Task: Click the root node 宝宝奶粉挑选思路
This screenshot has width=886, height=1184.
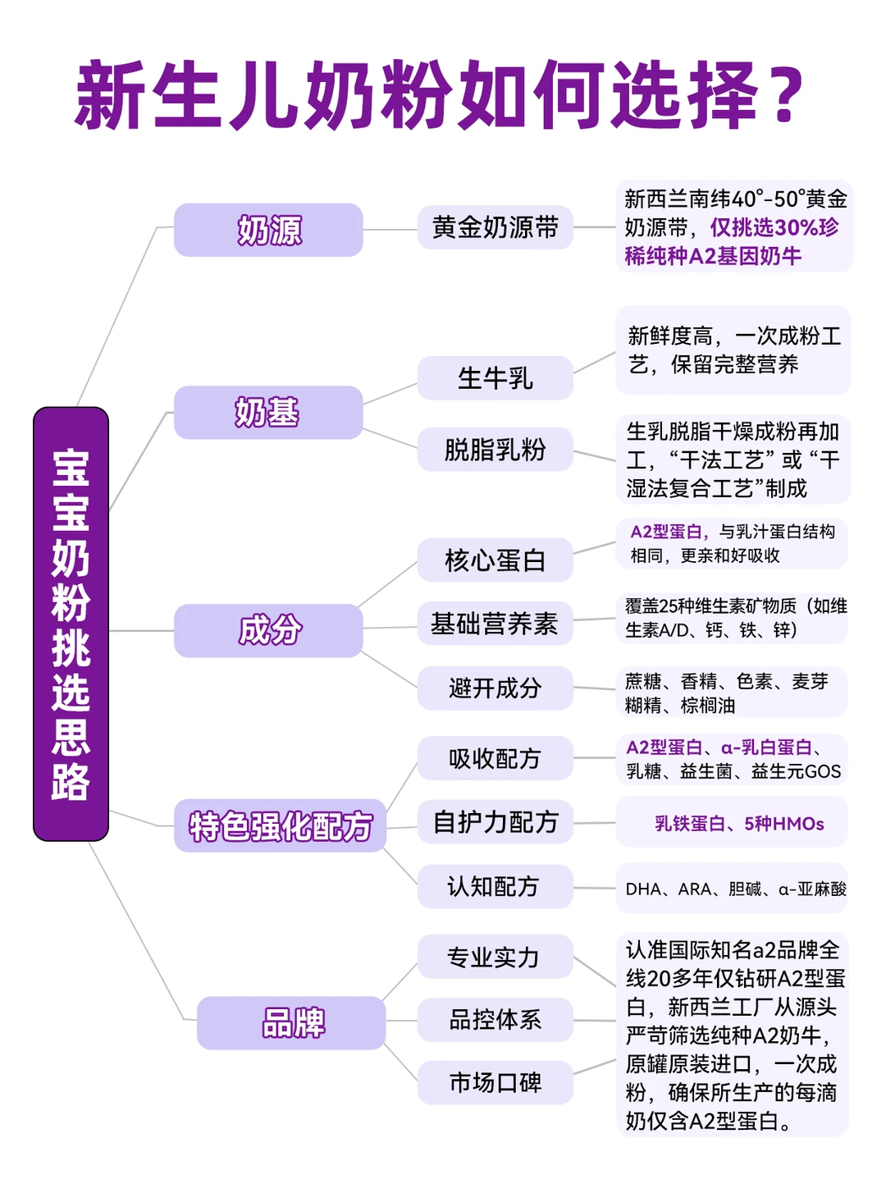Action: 71,624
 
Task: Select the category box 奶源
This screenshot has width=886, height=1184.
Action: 268,230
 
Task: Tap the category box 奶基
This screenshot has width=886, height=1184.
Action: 268,412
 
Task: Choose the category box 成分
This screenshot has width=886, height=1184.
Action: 268,630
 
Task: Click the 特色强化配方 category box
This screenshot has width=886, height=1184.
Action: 280,825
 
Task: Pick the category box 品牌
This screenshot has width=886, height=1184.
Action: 291,1022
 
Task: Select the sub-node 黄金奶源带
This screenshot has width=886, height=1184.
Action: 495,227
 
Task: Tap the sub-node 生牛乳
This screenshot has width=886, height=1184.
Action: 495,378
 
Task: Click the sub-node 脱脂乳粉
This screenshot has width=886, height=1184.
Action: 495,449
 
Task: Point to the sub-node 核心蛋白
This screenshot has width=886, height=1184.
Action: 495,560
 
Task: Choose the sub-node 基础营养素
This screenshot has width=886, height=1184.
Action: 495,624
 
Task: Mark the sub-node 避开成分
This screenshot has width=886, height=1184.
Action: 495,688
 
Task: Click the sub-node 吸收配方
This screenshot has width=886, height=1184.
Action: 495,758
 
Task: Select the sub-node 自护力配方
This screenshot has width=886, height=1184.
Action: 495,821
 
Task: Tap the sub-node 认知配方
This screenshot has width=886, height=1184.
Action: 495,886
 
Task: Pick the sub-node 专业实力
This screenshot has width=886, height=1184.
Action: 495,957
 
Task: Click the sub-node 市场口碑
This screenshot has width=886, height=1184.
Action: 495,1083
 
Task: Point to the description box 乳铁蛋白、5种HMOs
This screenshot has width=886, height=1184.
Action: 732,823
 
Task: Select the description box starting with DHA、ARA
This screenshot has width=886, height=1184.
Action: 732,889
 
